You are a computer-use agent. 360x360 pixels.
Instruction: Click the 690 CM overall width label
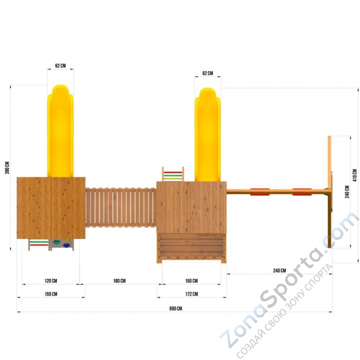(x=176, y=308)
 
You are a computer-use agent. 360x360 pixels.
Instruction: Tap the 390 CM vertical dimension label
(x=7, y=168)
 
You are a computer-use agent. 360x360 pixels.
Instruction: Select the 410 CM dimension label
(x=355, y=175)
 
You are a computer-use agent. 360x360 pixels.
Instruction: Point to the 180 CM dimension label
(x=119, y=281)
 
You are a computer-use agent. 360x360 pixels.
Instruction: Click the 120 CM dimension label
(x=51, y=281)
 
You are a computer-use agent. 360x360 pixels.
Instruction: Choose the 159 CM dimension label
(x=51, y=294)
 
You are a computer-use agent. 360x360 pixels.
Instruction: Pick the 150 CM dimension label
(x=192, y=281)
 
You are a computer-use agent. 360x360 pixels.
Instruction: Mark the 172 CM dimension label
(x=192, y=294)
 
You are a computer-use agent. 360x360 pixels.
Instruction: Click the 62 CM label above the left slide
(x=60, y=66)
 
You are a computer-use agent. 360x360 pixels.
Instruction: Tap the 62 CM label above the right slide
(x=208, y=73)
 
